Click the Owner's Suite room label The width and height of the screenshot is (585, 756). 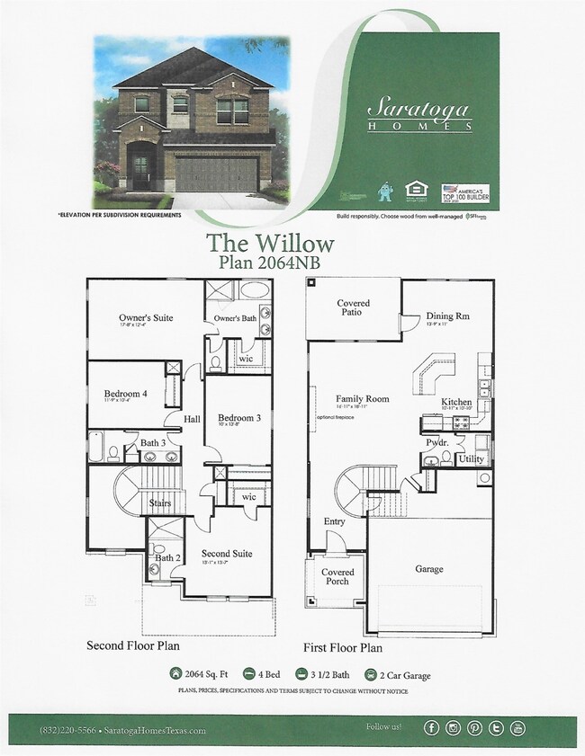coord(146,317)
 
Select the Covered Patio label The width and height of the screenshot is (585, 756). coord(354,308)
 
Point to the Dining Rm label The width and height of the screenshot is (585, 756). coord(447,316)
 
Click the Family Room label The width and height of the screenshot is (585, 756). coord(362,398)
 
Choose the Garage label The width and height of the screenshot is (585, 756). coord(429,568)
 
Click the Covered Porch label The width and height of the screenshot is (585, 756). coord(337,576)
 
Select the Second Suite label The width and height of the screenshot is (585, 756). coord(226,554)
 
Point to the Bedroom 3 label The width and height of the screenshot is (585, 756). coord(238,417)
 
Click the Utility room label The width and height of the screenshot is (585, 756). coord(472,458)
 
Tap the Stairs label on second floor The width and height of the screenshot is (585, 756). coord(160,503)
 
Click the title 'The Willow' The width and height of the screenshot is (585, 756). coord(270,243)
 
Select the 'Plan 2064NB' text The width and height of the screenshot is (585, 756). coord(270,262)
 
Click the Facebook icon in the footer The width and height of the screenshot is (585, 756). coord(432,728)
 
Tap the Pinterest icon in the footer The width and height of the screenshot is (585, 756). coord(474,728)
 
